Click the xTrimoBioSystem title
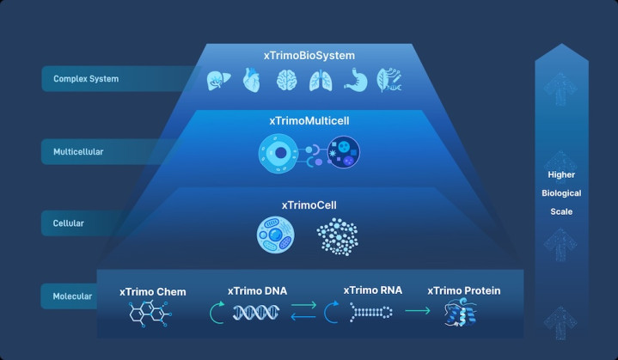coord(309,56)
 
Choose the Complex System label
coord(86,79)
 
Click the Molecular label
coord(73,296)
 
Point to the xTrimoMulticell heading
coord(308,121)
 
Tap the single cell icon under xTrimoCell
coord(276,235)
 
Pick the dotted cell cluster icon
coord(339,235)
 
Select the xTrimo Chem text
coord(152,291)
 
